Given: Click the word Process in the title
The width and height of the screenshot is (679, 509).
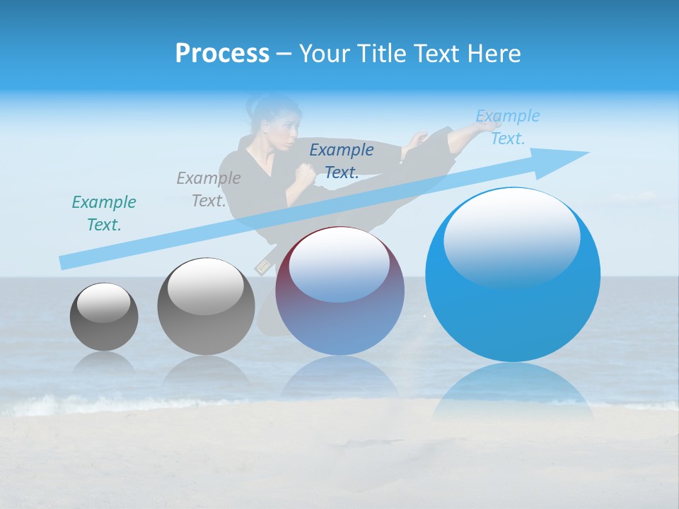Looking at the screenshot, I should point(222,54).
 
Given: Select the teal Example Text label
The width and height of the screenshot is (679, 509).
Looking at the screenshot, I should point(104,213).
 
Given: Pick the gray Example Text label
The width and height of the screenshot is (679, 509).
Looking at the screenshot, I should point(209,189).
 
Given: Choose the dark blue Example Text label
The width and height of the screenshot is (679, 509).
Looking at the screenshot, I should point(342,160).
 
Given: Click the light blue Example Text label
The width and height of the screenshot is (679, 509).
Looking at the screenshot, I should point(507,127).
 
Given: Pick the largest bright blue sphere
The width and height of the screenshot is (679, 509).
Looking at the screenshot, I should point(513,276).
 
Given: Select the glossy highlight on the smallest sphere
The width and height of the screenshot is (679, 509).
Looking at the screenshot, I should point(103,303).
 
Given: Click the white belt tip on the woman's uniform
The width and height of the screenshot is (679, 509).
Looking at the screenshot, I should point(263,266).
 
